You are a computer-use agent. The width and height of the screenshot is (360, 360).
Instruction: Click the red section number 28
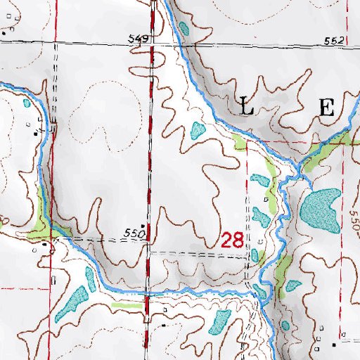232,240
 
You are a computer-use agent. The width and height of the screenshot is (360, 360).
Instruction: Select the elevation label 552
334,41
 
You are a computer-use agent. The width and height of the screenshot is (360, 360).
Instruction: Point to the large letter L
247,108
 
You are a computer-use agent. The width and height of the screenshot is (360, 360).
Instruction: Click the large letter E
326,108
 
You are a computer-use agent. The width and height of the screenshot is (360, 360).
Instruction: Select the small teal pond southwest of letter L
196,130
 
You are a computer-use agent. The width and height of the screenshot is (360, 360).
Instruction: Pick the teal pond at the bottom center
219,323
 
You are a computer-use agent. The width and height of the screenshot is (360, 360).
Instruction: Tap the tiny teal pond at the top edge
185,30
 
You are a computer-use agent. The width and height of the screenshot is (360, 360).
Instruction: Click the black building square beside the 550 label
144,226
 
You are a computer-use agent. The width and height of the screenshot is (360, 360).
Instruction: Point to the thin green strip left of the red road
127,305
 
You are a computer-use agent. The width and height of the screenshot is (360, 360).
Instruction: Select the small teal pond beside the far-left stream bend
27,103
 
